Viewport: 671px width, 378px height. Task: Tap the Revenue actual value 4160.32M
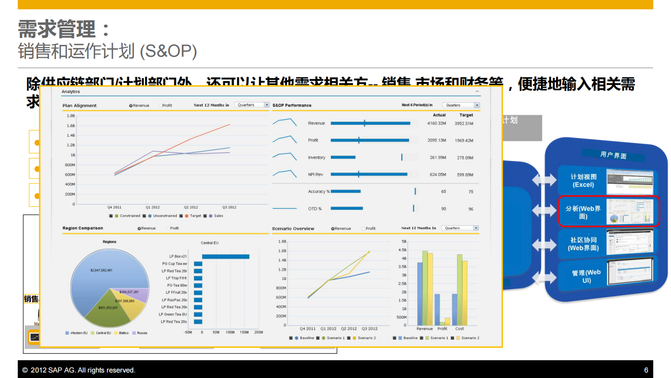click(x=436, y=124)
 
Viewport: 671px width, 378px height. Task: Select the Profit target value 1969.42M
click(x=464, y=141)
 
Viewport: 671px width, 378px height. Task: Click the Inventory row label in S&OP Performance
click(x=316, y=157)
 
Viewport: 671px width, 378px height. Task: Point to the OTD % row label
click(x=315, y=209)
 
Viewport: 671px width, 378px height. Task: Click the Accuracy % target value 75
click(x=471, y=192)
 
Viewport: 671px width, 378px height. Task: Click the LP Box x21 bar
click(x=225, y=257)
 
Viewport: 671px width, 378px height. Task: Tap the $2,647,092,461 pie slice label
click(x=101, y=270)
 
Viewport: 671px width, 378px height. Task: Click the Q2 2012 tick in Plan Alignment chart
click(x=191, y=207)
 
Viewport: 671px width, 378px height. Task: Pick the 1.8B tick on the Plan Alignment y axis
click(x=71, y=116)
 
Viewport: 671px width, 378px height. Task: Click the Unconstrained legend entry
click(x=164, y=216)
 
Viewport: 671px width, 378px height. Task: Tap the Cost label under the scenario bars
click(x=459, y=328)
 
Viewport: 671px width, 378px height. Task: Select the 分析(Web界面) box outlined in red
click(x=608, y=211)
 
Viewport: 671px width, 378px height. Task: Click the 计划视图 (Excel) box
click(x=583, y=181)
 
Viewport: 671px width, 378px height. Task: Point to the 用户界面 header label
click(x=613, y=155)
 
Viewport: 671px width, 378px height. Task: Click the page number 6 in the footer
click(x=646, y=370)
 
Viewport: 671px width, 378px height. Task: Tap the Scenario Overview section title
click(x=293, y=229)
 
